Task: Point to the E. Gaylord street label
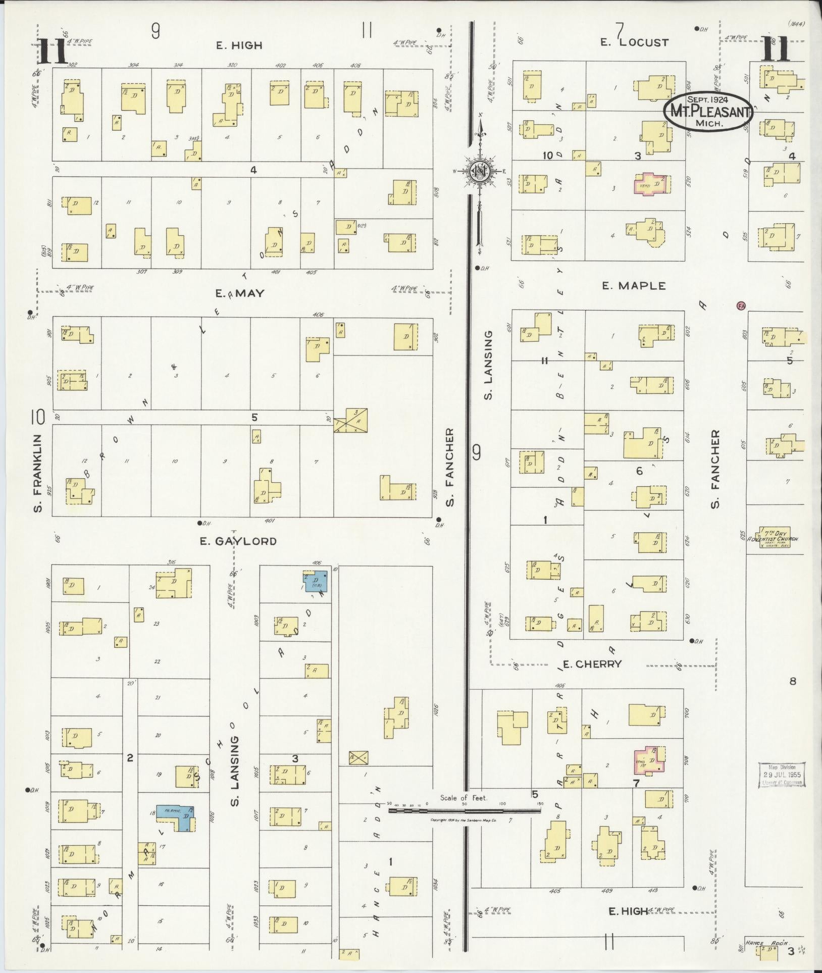[x=238, y=541]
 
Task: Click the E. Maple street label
[x=634, y=286]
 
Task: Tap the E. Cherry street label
[x=592, y=664]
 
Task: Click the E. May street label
[x=240, y=293]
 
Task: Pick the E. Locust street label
[x=634, y=43]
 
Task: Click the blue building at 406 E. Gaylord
[x=316, y=582]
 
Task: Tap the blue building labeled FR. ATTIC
[x=176, y=817]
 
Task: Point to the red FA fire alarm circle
[x=741, y=305]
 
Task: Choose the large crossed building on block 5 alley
[x=350, y=420]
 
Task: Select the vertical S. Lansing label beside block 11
[x=488, y=365]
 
